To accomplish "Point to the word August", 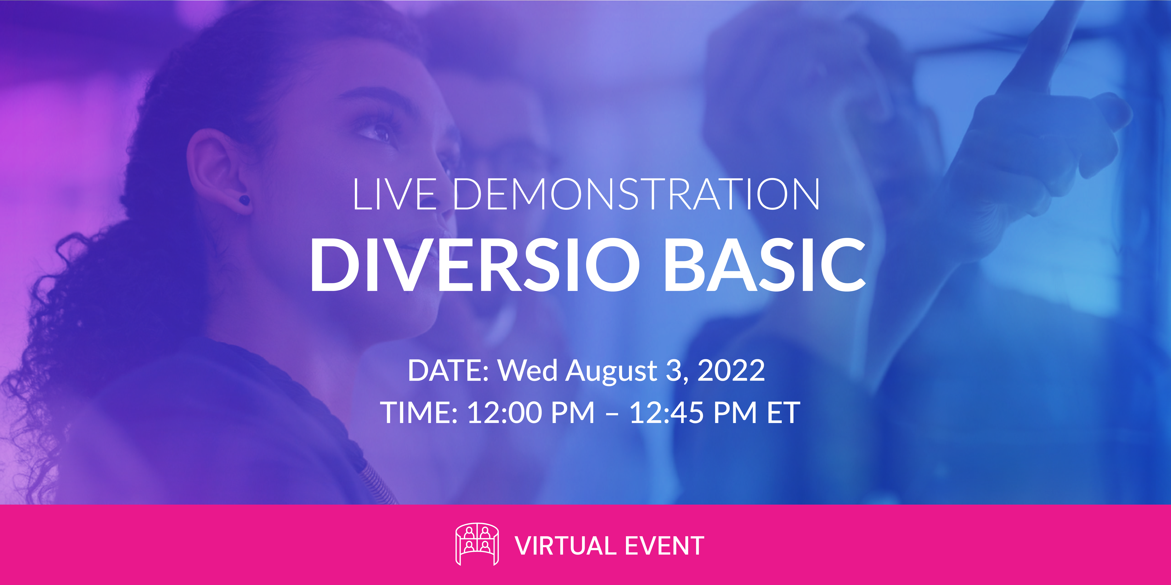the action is pyautogui.click(x=611, y=372).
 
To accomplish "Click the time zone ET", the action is pyautogui.click(x=783, y=413).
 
